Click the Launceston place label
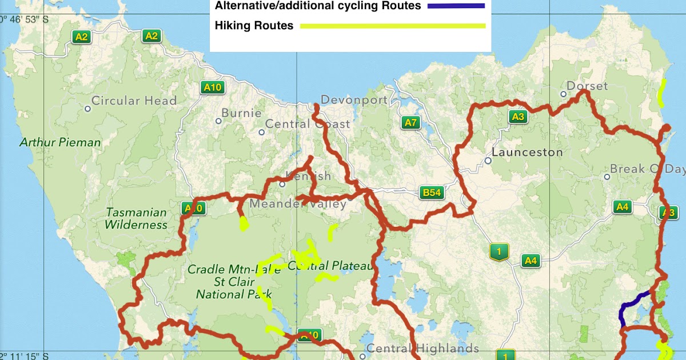(527, 153)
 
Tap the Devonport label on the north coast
(354, 100)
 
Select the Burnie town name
(241, 113)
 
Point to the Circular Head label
(134, 101)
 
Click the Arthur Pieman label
(60, 142)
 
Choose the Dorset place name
(587, 86)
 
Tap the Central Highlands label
(422, 348)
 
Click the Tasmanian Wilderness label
(136, 218)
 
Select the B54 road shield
(432, 193)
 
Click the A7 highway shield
(411, 122)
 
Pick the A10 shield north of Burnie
(213, 87)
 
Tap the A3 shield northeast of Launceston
(518, 117)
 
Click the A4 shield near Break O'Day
(622, 207)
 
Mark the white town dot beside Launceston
(488, 161)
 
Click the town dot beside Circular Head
(87, 109)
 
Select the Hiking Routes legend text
(254, 25)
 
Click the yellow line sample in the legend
(393, 26)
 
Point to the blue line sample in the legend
(455, 6)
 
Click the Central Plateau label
(330, 266)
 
